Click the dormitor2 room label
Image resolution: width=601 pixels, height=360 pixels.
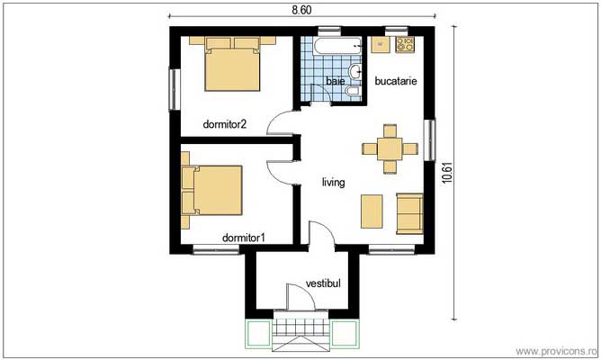tap(225, 124)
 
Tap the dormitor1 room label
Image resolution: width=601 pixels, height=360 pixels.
tap(244, 238)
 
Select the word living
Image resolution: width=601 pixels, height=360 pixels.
tap(333, 183)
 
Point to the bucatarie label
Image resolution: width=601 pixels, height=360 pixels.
tap(396, 81)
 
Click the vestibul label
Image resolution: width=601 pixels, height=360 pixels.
tap(323, 283)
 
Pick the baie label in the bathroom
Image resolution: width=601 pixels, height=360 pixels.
tap(336, 81)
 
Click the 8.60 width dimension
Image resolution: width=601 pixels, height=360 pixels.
tap(301, 10)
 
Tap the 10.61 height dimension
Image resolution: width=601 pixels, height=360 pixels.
tap(447, 173)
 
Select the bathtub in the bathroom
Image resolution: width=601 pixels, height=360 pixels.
tap(337, 46)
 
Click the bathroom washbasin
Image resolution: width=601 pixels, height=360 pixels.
tap(355, 70)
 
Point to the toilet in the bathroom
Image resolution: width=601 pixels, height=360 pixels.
tap(354, 91)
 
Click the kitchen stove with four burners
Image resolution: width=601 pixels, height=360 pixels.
tap(405, 44)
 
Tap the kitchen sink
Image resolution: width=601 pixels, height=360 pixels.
tap(381, 44)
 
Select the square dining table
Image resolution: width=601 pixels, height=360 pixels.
tap(390, 148)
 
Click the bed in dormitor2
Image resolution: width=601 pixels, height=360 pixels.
tap(232, 63)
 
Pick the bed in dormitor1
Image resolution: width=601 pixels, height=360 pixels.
tap(212, 190)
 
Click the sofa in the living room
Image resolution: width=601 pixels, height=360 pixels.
tap(409, 213)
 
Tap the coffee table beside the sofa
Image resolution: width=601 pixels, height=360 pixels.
tap(372, 211)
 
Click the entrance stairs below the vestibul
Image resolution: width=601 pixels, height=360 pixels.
tap(301, 330)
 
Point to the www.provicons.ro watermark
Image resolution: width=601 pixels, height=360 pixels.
tap(556, 351)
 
